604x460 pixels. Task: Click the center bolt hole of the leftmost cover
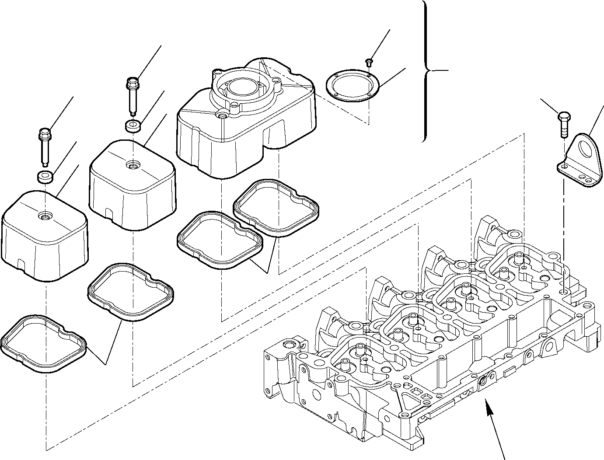44,215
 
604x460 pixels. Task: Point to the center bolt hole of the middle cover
132,165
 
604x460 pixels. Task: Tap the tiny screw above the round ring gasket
369,61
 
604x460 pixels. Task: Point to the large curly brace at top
426,70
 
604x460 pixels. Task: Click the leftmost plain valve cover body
44,240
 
